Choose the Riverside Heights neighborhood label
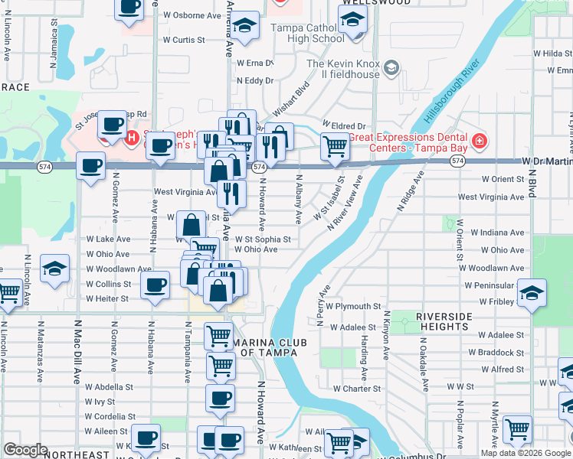coord(452,321)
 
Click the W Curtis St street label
coord(184,40)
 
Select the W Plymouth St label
coord(353,306)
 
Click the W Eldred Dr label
coord(345,125)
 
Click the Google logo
coord(25,449)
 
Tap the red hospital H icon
coord(132,138)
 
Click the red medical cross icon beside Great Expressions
coord(480,141)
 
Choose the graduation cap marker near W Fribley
coord(532,293)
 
